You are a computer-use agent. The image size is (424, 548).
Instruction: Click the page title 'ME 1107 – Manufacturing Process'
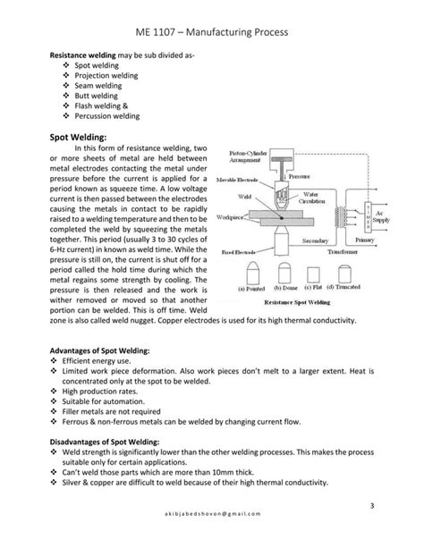point(211,32)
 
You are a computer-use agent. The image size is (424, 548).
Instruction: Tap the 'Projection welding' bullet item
point(106,76)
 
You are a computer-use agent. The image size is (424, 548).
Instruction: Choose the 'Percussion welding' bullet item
point(106,115)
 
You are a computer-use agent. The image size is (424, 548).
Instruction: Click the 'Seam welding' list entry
point(97,86)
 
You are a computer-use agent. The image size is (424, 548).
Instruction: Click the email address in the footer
point(211,527)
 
